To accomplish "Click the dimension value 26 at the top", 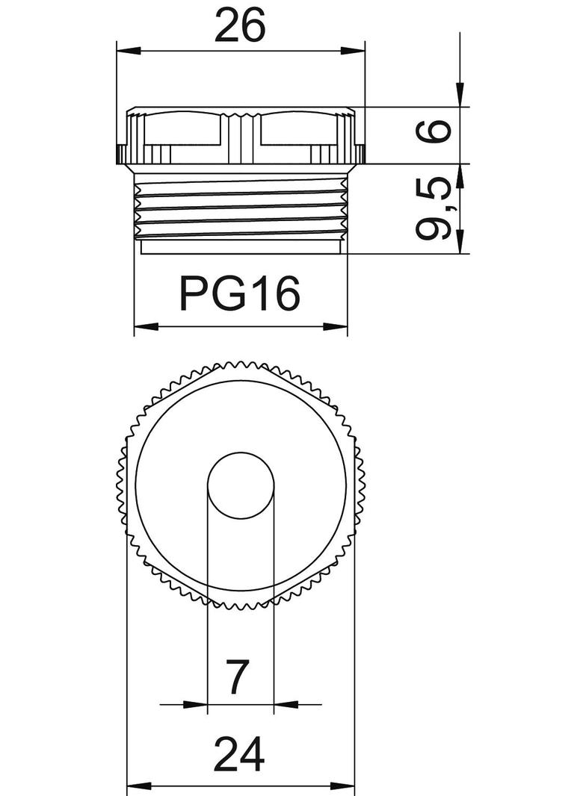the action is (240, 25).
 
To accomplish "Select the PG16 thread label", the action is (240, 293).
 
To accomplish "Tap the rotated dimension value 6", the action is (434, 131).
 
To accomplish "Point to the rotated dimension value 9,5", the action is (434, 209).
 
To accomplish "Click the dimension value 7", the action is (238, 677).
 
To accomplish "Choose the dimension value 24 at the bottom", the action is (239, 754).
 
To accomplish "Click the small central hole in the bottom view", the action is (241, 485).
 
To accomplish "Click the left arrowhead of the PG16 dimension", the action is (146, 326).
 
